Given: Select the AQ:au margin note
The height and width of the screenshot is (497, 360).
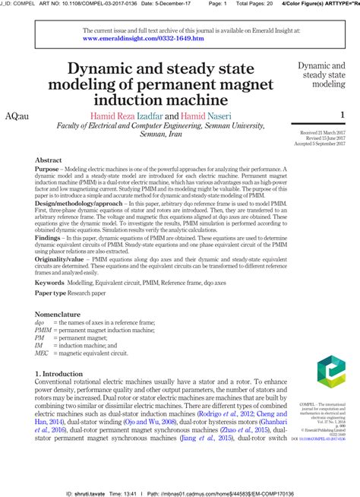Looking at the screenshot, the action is tap(16, 116).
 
